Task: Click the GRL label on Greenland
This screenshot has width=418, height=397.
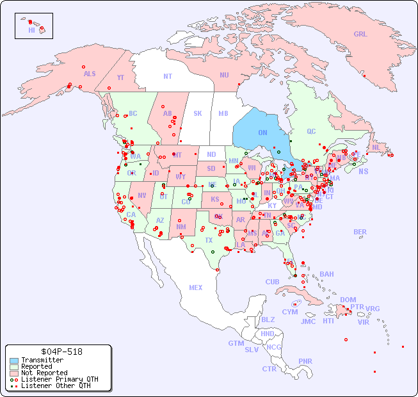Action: (360, 35)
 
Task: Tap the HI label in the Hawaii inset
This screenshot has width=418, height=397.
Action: (31, 30)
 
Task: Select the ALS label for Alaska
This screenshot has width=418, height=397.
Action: (90, 74)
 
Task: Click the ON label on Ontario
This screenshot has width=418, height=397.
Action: (262, 133)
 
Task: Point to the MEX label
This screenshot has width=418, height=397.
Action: (196, 288)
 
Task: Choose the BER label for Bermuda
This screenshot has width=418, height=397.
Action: (360, 232)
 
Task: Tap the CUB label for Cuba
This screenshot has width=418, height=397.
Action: (272, 282)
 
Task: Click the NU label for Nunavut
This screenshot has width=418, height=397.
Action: (224, 75)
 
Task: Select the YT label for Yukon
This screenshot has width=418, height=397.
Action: (120, 77)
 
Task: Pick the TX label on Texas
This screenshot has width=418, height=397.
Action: (209, 240)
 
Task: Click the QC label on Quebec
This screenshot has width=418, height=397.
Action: (311, 131)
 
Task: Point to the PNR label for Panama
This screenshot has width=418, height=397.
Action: (305, 361)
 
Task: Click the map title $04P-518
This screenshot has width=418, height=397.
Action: (58, 352)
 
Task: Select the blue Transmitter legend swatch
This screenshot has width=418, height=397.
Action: (13, 361)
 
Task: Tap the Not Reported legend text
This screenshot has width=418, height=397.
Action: (44, 373)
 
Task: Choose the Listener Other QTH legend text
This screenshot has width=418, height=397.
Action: (56, 385)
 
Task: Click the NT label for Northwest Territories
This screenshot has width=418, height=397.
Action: (168, 76)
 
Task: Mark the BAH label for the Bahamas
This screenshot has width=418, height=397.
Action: (326, 274)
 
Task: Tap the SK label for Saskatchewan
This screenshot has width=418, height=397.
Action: (198, 113)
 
